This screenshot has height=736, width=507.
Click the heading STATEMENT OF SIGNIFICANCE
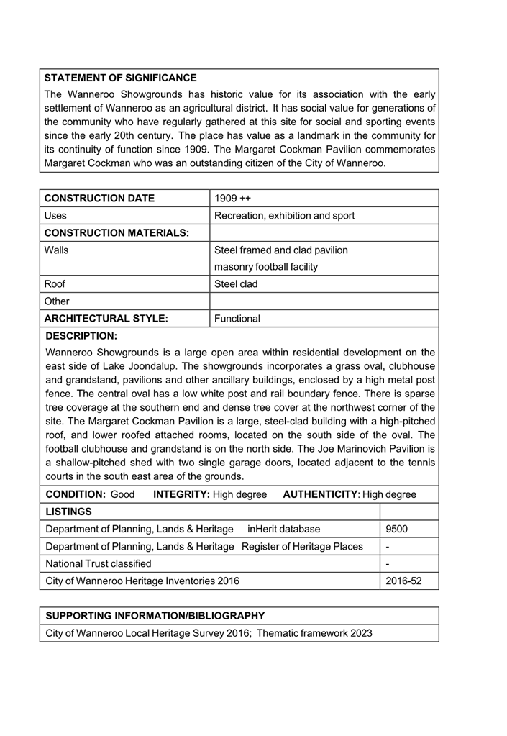(120, 78)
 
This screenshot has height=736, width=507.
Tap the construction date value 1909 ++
(232, 199)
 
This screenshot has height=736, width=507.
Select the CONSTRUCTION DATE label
(99, 199)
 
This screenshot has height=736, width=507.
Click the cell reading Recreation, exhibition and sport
(285, 216)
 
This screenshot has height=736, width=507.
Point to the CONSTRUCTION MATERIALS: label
(117, 232)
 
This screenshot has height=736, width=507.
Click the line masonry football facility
(266, 267)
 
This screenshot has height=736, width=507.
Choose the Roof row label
(55, 284)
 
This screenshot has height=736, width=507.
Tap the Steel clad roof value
(237, 284)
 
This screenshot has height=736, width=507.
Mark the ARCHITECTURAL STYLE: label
(106, 319)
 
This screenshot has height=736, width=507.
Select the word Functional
(237, 319)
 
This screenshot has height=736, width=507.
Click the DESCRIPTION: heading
(81, 336)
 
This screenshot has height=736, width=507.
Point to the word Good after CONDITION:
(123, 495)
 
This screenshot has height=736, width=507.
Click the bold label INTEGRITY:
(182, 495)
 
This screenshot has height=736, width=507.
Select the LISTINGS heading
(68, 512)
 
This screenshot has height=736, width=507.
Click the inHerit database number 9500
(397, 530)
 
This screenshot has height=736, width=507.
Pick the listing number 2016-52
(403, 581)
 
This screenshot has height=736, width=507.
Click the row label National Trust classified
(99, 563)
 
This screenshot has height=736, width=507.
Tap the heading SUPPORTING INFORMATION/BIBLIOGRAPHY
(155, 616)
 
